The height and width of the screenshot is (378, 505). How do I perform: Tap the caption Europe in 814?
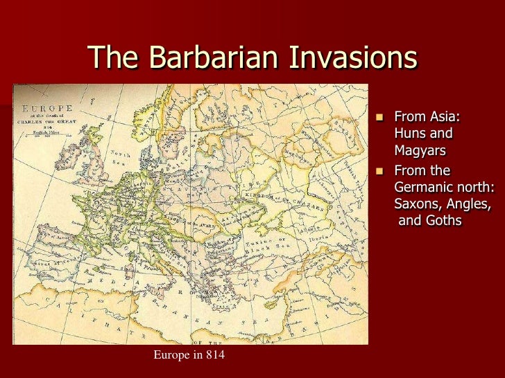pyautogui.click(x=188, y=356)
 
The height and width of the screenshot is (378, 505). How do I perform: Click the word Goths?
pyautogui.click(x=445, y=222)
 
